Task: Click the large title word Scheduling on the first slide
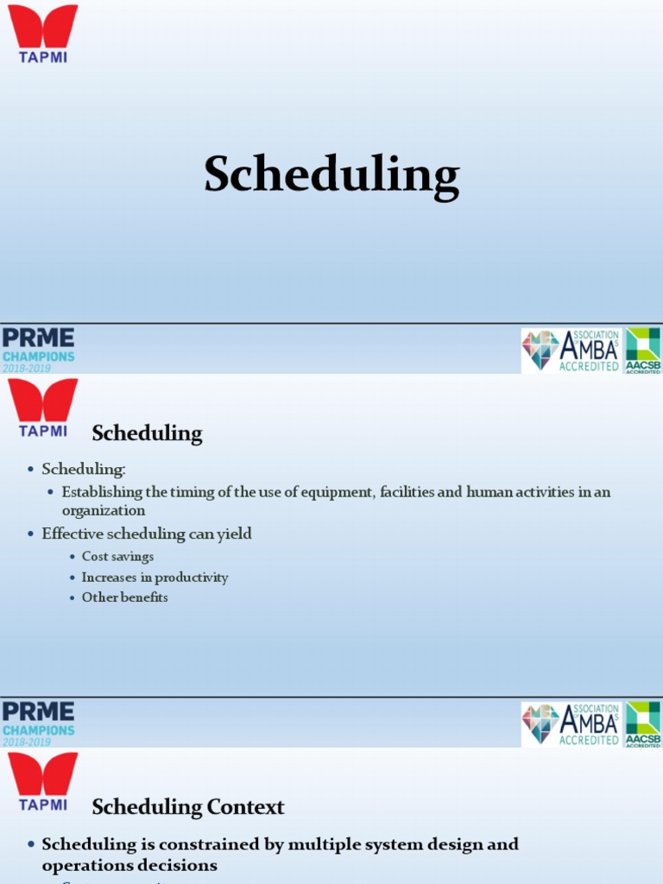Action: [x=331, y=175]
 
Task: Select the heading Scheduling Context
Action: [x=187, y=807]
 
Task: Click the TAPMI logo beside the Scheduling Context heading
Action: [x=43, y=780]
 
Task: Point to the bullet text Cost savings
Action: [x=117, y=557]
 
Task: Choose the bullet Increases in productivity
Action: [x=155, y=578]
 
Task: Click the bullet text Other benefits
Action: [x=124, y=597]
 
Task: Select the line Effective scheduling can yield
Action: [x=147, y=534]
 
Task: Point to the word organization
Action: [x=104, y=510]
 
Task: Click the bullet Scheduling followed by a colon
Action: [x=84, y=469]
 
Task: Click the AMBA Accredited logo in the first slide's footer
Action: [x=571, y=350]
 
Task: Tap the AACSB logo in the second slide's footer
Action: [x=642, y=724]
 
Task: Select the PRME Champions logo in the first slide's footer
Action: [x=38, y=350]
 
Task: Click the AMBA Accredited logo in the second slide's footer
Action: [x=571, y=724]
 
